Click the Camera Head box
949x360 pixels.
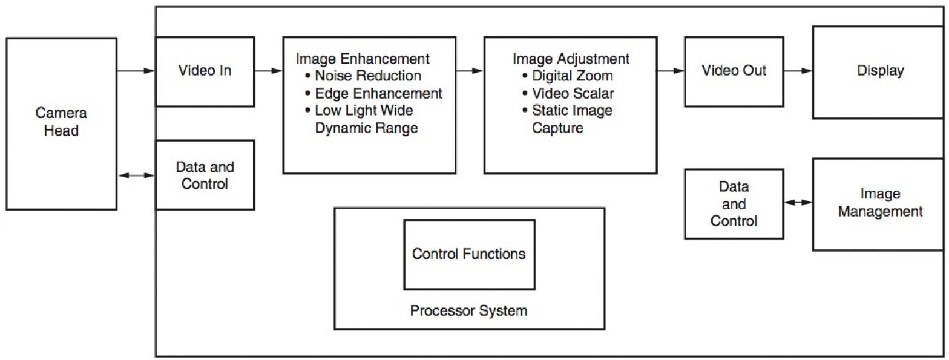[x=61, y=123]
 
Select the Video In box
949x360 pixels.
[x=205, y=71]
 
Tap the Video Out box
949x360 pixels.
[x=734, y=71]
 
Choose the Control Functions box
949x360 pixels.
[x=469, y=254]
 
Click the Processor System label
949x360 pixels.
[x=468, y=311]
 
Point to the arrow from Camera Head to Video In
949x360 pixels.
[x=136, y=71]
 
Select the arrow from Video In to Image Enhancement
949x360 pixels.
[x=268, y=71]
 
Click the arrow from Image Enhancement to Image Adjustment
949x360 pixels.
[x=470, y=71]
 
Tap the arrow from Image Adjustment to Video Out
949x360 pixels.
[x=671, y=71]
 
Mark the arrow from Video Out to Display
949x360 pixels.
[x=798, y=71]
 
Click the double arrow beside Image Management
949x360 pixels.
[x=798, y=202]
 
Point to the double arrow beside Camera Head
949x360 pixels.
[x=136, y=175]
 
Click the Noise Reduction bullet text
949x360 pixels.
[x=368, y=76]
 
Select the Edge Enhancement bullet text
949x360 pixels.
[x=378, y=94]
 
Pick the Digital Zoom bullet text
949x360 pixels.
[x=572, y=76]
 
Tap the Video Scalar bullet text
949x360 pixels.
[x=572, y=94]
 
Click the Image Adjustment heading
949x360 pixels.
[x=571, y=59]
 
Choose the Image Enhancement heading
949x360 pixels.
[x=363, y=59]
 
